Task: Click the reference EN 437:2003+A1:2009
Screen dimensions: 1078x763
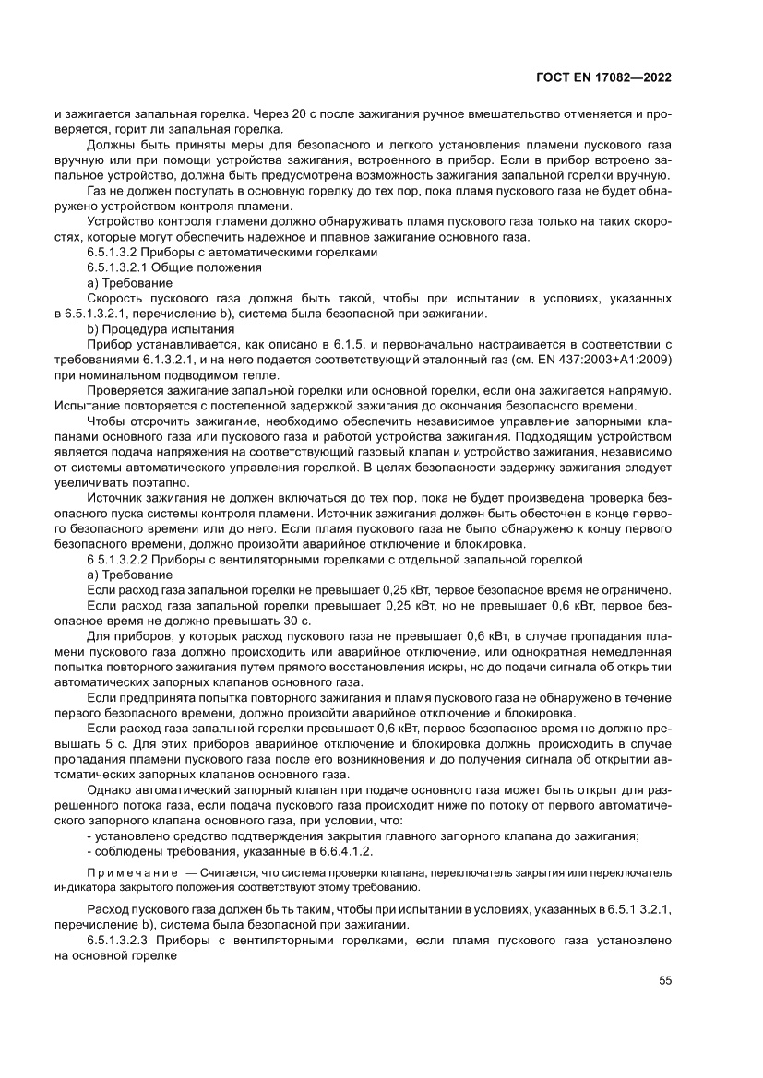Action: pyautogui.click(x=593, y=360)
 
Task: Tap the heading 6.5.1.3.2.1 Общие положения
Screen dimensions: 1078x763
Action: pyautogui.click(x=173, y=267)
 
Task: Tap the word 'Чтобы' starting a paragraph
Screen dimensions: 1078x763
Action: pyautogui.click(x=106, y=421)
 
